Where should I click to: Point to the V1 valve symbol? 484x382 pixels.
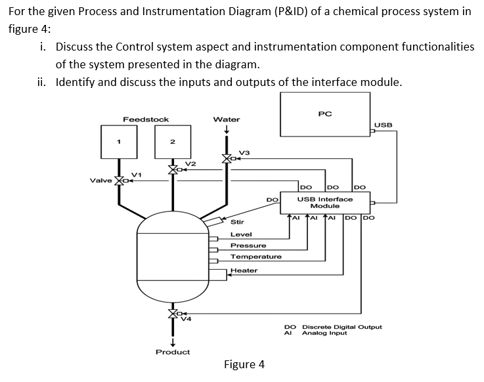(119, 180)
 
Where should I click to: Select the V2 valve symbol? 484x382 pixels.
(173, 169)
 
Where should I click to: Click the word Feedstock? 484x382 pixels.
(146, 119)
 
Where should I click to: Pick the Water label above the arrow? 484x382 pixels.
(227, 119)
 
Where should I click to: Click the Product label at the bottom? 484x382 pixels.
(173, 352)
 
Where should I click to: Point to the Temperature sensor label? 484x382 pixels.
(255, 257)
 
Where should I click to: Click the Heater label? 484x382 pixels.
(244, 270)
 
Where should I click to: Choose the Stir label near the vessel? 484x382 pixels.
(237, 223)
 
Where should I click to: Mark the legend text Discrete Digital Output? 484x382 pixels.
(341, 326)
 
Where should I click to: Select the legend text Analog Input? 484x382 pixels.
(324, 333)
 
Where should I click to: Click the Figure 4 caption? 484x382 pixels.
(244, 364)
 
